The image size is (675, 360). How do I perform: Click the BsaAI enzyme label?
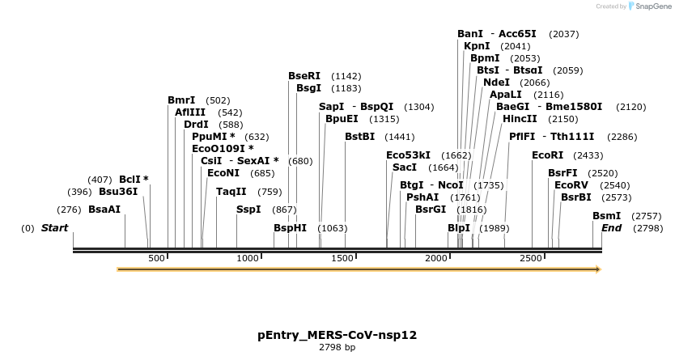[104, 210]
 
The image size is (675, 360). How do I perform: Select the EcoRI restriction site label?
[547, 155]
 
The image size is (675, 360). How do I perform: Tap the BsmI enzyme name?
[606, 216]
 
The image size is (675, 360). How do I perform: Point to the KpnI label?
[477, 46]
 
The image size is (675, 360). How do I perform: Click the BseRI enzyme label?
[304, 76]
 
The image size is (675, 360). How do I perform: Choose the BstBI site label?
[360, 137]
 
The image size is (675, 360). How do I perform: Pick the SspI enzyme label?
[248, 210]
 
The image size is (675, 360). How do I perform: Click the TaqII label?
[231, 192]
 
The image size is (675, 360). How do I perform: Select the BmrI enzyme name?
[181, 100]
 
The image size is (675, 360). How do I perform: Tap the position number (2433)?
[588, 155]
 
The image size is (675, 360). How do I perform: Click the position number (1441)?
[400, 138]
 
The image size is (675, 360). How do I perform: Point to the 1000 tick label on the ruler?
[248, 258]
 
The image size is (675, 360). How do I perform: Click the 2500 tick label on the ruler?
[531, 258]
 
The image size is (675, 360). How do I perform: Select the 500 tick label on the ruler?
[156, 258]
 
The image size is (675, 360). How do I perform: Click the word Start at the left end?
[55, 228]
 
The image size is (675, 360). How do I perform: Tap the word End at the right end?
[612, 228]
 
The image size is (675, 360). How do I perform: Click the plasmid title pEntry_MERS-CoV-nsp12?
[337, 334]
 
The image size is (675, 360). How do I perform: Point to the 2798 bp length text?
[337, 348]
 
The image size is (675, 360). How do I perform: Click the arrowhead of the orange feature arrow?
[598, 269]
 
